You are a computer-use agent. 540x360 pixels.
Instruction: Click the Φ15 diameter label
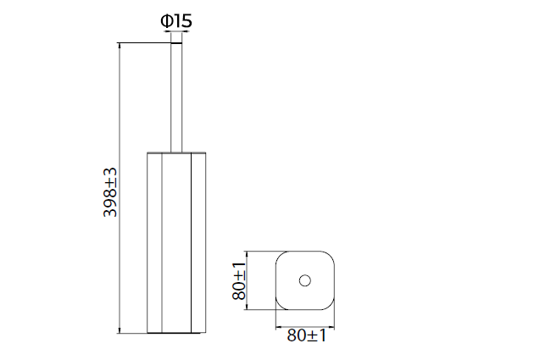[x=176, y=21]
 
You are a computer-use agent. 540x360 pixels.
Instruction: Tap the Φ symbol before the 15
[x=166, y=21]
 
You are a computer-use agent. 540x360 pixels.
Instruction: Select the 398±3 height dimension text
[x=110, y=192]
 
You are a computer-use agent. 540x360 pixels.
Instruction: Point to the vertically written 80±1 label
[x=239, y=281]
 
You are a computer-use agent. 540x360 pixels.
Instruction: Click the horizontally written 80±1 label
[x=306, y=335]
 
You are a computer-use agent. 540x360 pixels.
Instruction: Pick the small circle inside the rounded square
[x=305, y=281]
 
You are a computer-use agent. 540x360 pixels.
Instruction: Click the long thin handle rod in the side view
[x=176, y=97]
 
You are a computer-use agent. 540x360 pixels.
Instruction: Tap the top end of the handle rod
[x=176, y=43]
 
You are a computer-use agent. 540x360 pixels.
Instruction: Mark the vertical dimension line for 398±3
[x=120, y=188]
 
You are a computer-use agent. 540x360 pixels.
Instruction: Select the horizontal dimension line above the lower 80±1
[x=305, y=327]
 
